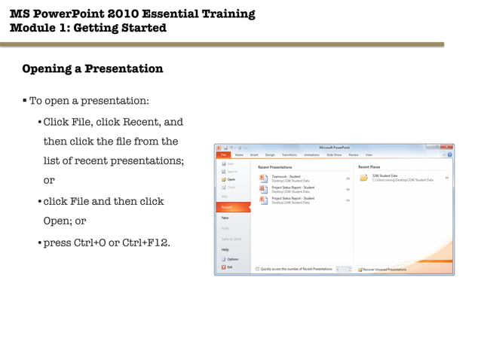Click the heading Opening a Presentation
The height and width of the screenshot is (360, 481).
pyautogui.click(x=92, y=69)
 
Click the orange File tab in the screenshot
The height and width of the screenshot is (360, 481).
pyautogui.click(x=224, y=154)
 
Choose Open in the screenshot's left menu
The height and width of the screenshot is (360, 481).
pyautogui.click(x=231, y=179)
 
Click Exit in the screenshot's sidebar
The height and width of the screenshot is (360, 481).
pyautogui.click(x=229, y=267)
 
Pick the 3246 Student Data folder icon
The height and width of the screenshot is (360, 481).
pyautogui.click(x=363, y=178)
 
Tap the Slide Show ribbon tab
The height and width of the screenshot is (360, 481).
pyautogui.click(x=335, y=154)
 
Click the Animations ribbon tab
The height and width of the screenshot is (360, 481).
pyautogui.click(x=311, y=154)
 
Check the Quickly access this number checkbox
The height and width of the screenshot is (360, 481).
pyautogui.click(x=257, y=269)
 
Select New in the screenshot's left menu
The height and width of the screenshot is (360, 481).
pyautogui.click(x=225, y=217)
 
